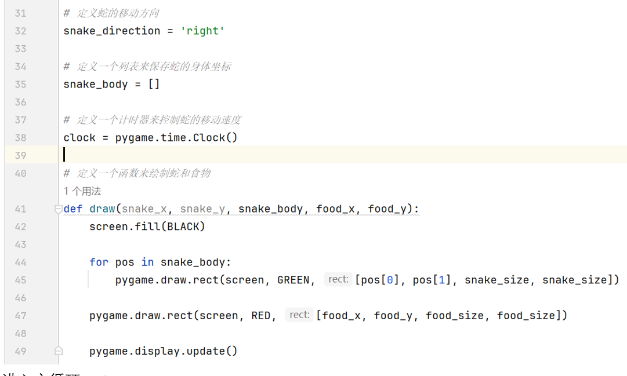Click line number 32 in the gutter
[20, 31]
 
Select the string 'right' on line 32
[202, 31]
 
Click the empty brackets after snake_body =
[154, 84]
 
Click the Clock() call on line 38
[215, 137]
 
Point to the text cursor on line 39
[64, 155]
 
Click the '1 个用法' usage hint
[82, 191]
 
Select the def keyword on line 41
[73, 209]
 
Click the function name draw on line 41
[102, 209]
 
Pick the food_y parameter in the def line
[387, 209]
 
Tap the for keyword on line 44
[99, 262]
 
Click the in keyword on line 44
[147, 262]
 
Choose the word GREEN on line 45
[293, 280]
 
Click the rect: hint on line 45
[338, 279]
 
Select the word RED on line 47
[260, 315]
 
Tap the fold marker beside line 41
[58, 209]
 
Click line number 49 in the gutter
[20, 351]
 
